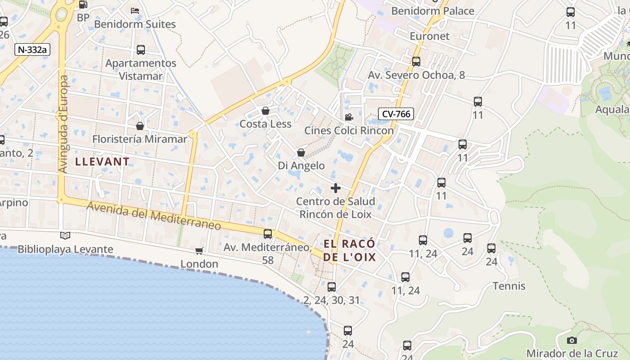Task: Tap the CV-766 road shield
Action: pos(396,114)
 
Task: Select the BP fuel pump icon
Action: pos(83,5)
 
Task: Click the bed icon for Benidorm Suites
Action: pos(135,10)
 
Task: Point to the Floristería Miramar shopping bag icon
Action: pos(140,126)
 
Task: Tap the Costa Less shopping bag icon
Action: pos(265,111)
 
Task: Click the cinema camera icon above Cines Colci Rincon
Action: pos(349,117)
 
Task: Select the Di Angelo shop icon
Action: pos(301,153)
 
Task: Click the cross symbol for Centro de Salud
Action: pos(336,188)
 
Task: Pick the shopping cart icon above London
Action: pos(199,251)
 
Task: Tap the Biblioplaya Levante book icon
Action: pos(65,235)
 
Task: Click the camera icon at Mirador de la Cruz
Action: pos(572,340)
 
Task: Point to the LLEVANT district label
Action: pos(102,162)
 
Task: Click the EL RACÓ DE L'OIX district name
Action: pos(350,251)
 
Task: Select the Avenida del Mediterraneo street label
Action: pos(154,216)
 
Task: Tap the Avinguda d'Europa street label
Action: pos(63,124)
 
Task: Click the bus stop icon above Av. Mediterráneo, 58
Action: pos(268,234)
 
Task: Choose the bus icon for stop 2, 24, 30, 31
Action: pos(332,287)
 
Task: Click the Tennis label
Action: pos(509,286)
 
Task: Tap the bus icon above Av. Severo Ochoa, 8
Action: pos(416,62)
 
